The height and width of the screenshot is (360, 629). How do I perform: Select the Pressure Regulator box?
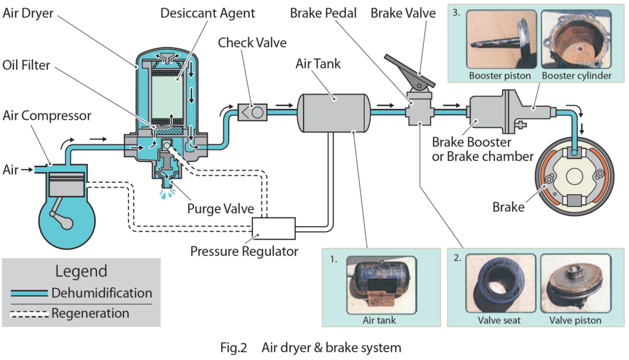point(275,229)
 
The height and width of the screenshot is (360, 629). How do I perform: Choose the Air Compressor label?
point(47,115)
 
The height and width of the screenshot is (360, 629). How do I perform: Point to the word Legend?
point(81,271)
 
